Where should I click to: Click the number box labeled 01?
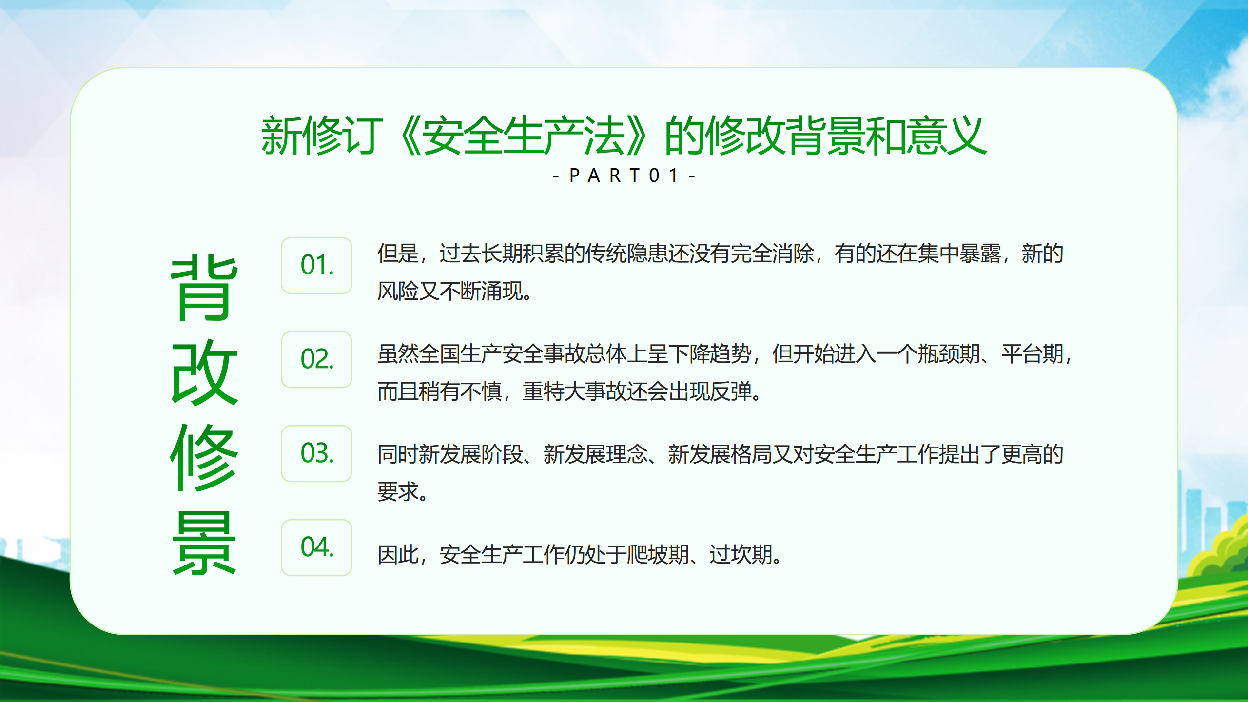[316, 266]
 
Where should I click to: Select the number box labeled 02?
[316, 360]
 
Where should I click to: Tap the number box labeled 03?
[316, 454]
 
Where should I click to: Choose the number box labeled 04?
[316, 548]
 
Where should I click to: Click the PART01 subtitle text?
[624, 175]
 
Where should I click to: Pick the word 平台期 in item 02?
[1033, 354]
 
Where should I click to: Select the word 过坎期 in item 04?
[741, 555]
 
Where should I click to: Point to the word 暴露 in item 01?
[980, 253]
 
